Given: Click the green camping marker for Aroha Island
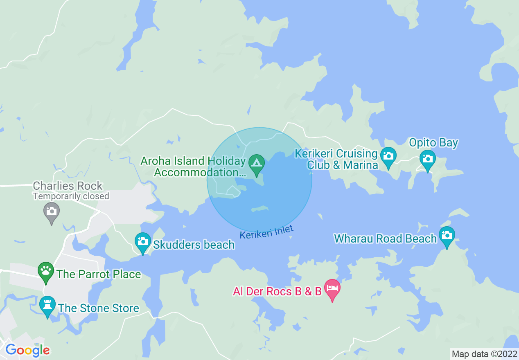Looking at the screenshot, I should pyautogui.click(x=257, y=163).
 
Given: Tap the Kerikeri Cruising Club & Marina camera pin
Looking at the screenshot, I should pyautogui.click(x=388, y=156).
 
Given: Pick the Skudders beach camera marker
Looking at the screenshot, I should pyautogui.click(x=143, y=241).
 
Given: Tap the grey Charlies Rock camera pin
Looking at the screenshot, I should pyautogui.click(x=52, y=211).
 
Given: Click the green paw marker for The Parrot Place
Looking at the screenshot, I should pyautogui.click(x=46, y=271).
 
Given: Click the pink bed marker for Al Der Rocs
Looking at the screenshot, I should pyautogui.click(x=332, y=288).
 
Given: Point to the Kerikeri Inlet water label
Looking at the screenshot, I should pyautogui.click(x=266, y=232).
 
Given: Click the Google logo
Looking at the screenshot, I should pyautogui.click(x=27, y=350).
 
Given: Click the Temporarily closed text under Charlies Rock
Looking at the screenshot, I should pyautogui.click(x=71, y=196).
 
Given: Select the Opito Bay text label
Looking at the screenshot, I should pyautogui.click(x=433, y=143).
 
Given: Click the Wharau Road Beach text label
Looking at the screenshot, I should pyautogui.click(x=385, y=239).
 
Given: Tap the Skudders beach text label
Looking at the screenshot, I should pyautogui.click(x=194, y=245).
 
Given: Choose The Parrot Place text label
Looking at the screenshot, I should pyautogui.click(x=99, y=274).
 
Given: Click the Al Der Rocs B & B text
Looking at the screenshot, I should pyautogui.click(x=277, y=292).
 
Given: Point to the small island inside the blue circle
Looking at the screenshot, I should pyautogui.click(x=259, y=209).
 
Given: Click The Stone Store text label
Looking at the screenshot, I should pyautogui.click(x=99, y=308).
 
